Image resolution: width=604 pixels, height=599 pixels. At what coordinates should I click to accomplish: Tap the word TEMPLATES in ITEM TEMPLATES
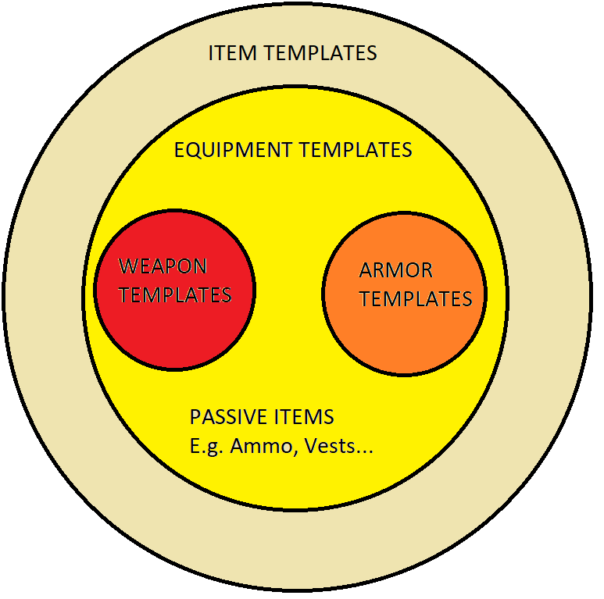tap(321, 54)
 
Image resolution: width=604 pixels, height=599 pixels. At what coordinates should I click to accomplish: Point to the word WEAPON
tap(163, 266)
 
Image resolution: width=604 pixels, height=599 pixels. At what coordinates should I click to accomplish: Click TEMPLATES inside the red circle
tap(175, 295)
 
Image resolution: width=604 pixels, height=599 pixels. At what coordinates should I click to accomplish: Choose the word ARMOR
tap(396, 271)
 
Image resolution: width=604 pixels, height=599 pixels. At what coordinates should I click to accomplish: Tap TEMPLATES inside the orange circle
tap(416, 299)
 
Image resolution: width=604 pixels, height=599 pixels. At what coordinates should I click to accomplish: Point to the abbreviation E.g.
tap(206, 448)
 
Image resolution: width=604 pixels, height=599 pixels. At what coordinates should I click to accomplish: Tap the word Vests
tap(331, 447)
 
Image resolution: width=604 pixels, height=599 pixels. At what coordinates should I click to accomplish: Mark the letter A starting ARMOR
tap(366, 271)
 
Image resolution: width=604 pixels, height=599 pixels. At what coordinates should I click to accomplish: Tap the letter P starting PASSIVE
tap(195, 417)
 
